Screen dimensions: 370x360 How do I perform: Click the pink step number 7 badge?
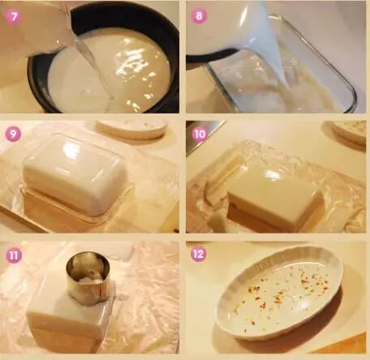(x=13, y=16)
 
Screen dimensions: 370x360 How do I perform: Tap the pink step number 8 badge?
(x=199, y=15)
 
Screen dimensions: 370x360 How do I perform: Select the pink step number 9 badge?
(x=13, y=134)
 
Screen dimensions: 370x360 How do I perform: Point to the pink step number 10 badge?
(x=200, y=134)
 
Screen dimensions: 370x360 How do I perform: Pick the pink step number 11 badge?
(x=14, y=255)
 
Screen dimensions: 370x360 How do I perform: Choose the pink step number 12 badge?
(x=199, y=254)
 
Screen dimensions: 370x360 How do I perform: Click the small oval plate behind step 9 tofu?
(x=131, y=129)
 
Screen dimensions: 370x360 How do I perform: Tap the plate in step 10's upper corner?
(x=349, y=133)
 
